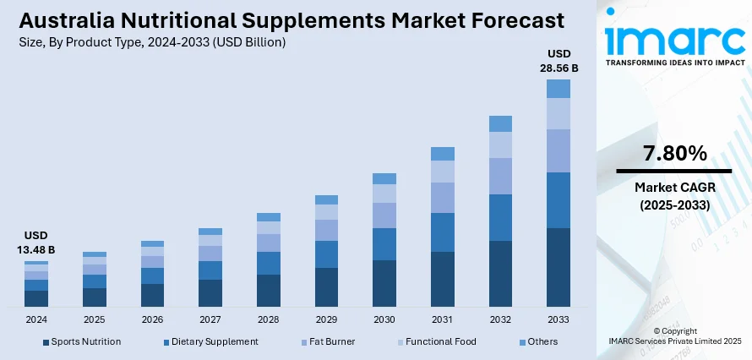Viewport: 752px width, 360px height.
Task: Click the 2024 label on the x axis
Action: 36,319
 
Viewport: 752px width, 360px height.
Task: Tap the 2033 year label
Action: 558,319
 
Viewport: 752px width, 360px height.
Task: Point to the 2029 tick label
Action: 326,319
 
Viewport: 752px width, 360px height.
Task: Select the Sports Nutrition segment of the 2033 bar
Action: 558,267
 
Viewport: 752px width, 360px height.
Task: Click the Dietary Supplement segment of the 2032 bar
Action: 500,217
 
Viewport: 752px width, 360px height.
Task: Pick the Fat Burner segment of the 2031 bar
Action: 443,197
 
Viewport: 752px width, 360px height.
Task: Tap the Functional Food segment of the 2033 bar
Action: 558,113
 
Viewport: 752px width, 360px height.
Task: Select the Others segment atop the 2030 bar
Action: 384,178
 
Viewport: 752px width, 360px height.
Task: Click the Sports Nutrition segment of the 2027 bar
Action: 210,292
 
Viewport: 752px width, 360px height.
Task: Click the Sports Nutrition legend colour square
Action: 46,342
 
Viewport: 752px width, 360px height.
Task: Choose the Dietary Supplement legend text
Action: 215,341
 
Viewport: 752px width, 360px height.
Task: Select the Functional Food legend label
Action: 440,341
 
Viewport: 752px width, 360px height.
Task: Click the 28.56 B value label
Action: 559,68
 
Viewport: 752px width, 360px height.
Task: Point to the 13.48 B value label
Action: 36,249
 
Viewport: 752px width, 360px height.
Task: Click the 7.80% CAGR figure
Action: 674,153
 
